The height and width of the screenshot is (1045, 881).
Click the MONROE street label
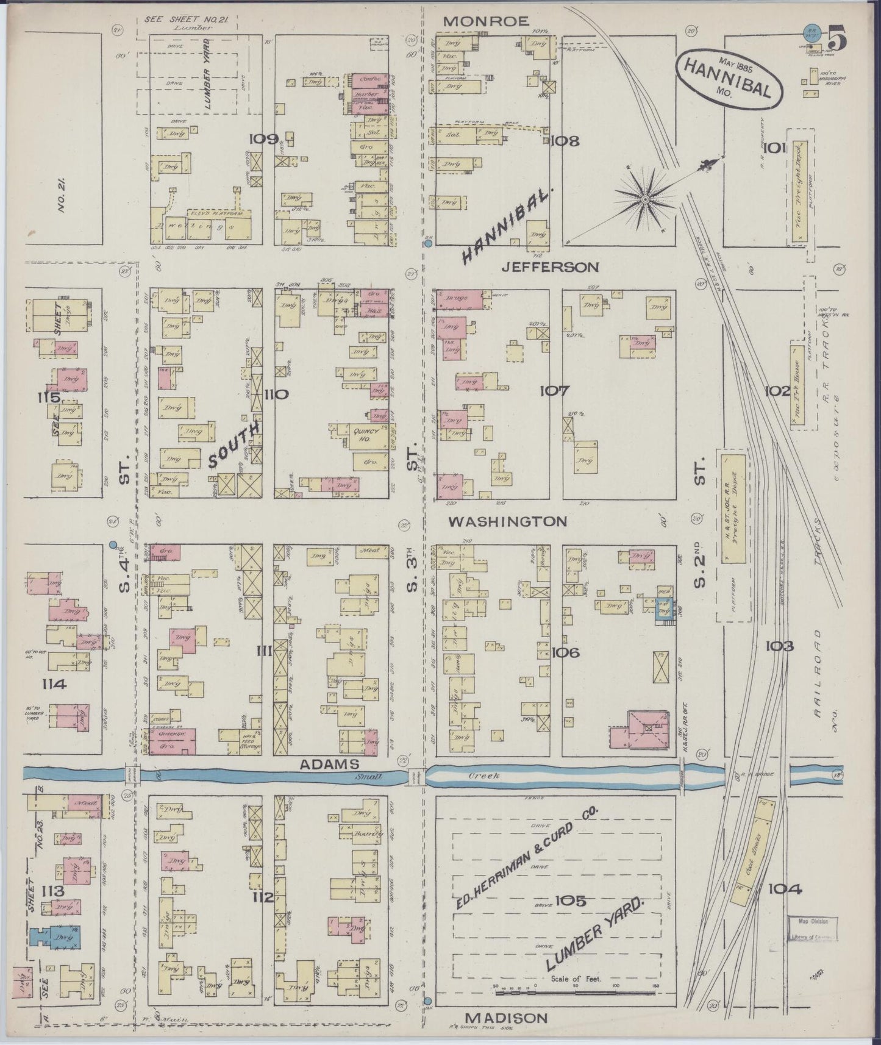click(x=485, y=21)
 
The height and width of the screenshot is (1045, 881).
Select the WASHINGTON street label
click(x=508, y=522)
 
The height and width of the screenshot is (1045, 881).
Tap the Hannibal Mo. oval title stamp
click(x=728, y=76)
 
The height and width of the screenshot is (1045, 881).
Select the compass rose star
click(x=645, y=198)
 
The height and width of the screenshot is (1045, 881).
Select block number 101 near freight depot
click(x=774, y=148)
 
